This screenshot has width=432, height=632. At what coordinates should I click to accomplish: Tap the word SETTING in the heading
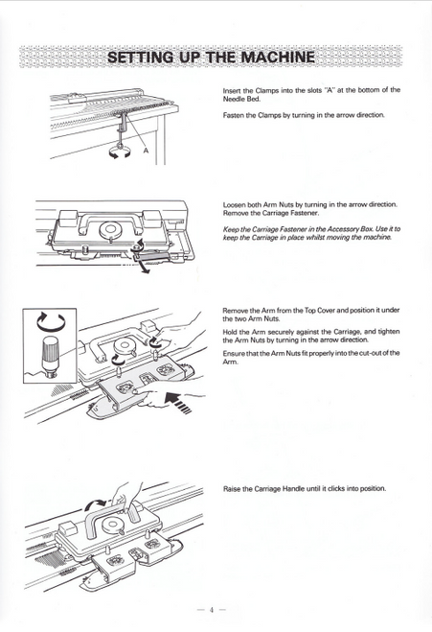[141, 57]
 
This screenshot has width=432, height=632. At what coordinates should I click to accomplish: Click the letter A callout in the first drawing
[145, 152]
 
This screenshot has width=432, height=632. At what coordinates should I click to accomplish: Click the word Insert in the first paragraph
[233, 89]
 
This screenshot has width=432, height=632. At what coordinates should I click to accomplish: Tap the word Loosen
[236, 204]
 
